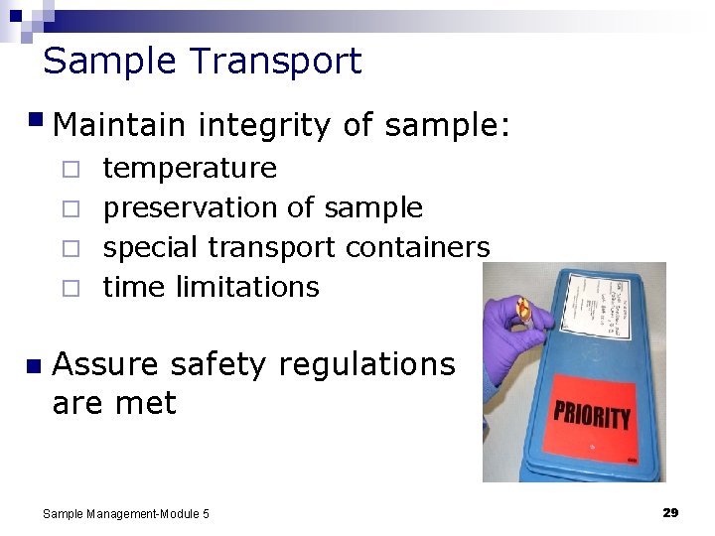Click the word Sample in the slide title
click(x=109, y=62)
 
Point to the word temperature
click(x=190, y=169)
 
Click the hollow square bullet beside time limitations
click(x=70, y=288)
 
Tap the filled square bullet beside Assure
click(x=34, y=366)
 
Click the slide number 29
click(x=670, y=512)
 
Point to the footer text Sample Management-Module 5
click(x=126, y=513)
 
